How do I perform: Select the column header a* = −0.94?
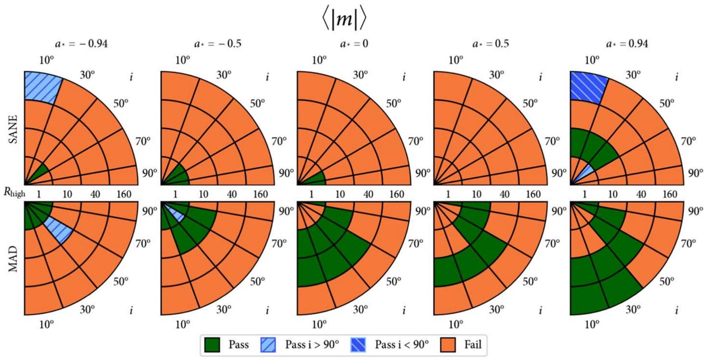(x=81, y=43)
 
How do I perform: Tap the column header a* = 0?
(x=354, y=43)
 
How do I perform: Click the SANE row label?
(x=13, y=129)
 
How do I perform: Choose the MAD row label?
(x=13, y=258)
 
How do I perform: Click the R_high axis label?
(x=14, y=192)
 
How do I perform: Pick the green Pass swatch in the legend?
(x=212, y=344)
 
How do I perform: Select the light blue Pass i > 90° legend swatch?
(x=268, y=344)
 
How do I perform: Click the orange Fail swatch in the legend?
(x=448, y=344)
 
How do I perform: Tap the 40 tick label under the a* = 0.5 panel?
(x=504, y=194)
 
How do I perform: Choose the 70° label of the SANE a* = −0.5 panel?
(x=279, y=141)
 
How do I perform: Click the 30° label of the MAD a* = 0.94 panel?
(x=633, y=310)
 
